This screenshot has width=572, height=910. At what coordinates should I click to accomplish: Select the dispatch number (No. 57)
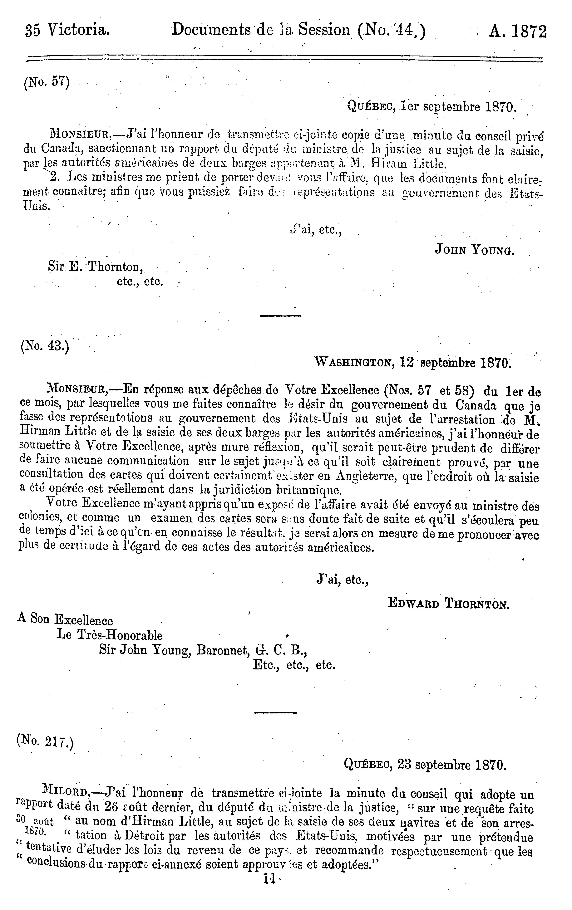point(47,82)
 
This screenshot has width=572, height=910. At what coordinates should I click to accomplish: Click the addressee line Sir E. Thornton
point(96,267)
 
